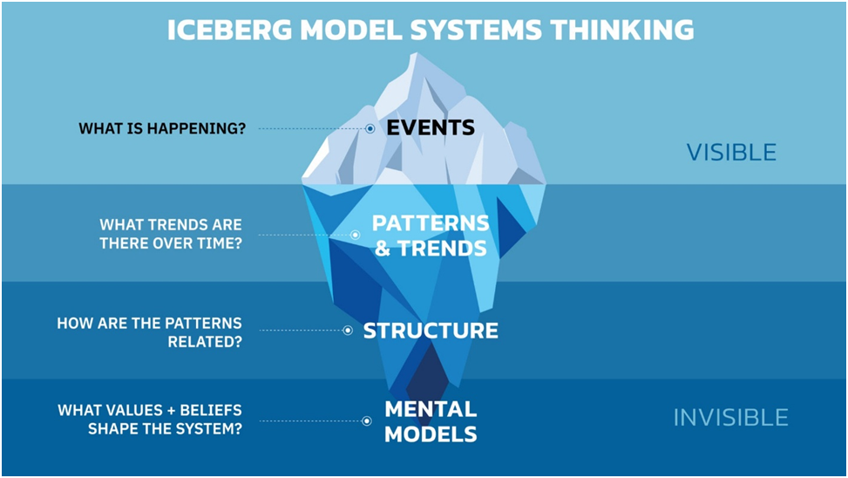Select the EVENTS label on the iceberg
point(431,127)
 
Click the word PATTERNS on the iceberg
point(431,223)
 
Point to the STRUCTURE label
point(431,331)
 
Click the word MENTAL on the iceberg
point(431,409)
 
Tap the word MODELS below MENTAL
point(431,434)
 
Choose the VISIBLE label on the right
point(731,153)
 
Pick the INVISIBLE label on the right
point(730,418)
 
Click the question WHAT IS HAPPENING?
point(162,128)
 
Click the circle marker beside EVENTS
point(370,129)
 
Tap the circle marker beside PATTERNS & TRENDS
point(356,235)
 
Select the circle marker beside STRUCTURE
point(348,331)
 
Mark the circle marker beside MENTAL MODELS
point(367,420)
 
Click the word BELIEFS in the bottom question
point(211,410)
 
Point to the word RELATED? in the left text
point(205,342)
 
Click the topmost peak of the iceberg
point(416,53)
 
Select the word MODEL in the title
point(350,30)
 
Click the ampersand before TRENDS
point(383,249)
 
